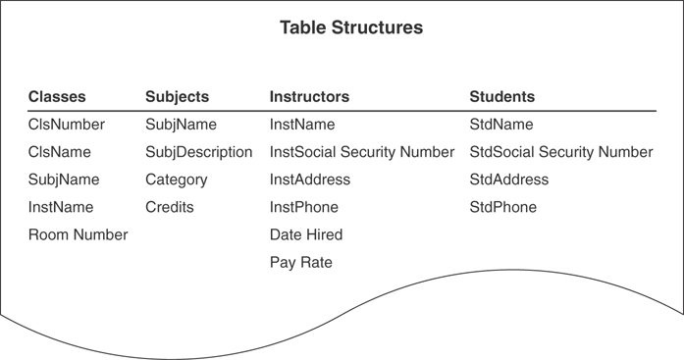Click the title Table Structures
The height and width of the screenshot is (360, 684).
click(x=351, y=28)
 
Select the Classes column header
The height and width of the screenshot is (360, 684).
click(x=57, y=97)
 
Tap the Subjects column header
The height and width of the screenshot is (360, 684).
click(x=177, y=97)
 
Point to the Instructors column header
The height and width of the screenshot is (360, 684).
click(x=309, y=97)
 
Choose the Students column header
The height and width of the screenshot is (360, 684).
click(x=502, y=97)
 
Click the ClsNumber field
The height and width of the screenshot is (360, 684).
click(x=66, y=125)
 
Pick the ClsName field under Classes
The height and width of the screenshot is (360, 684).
click(x=59, y=152)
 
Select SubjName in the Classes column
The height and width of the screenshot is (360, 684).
click(x=64, y=180)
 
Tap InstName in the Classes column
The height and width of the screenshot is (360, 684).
click(x=61, y=207)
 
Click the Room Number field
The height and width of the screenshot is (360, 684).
click(x=78, y=234)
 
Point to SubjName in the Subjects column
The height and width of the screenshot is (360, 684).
click(x=181, y=125)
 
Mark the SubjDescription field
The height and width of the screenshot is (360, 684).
click(x=198, y=152)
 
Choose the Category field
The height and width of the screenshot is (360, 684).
click(x=177, y=180)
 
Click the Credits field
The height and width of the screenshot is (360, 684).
click(x=170, y=207)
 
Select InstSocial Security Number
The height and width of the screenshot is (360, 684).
click(x=362, y=152)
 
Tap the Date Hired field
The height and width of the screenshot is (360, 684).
click(x=306, y=234)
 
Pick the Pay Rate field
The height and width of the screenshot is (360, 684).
click(x=301, y=262)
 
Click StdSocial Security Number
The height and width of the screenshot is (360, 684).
click(x=561, y=152)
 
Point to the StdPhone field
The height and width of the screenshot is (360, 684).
click(x=503, y=207)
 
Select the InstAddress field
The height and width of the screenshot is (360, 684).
click(x=310, y=180)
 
